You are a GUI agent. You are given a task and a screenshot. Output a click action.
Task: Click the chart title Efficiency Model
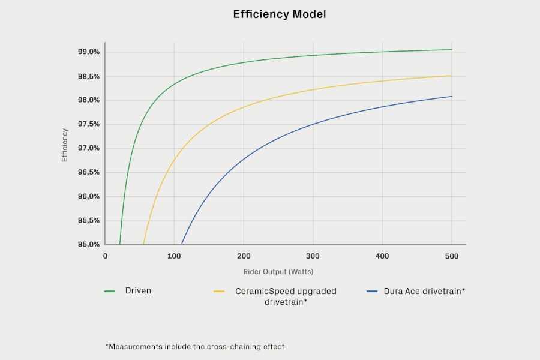coord(279,14)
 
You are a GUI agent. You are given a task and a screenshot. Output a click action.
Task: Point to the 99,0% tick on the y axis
coord(89,52)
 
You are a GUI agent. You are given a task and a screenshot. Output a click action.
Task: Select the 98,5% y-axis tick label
coord(89,76)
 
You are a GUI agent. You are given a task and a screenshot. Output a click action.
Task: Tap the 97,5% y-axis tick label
coord(89,124)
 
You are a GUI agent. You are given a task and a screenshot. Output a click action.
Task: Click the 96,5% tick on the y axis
coord(89,172)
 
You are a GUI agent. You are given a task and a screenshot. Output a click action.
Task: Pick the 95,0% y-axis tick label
coord(89,245)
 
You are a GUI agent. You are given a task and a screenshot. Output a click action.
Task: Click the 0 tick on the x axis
coord(105,256)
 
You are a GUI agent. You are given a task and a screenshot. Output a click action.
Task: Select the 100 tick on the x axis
coord(174,256)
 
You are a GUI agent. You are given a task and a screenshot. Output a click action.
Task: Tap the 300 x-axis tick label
coord(313,256)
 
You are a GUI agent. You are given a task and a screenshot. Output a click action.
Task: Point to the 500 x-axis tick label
coord(451,256)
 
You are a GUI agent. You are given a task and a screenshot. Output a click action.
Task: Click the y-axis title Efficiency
coord(64,145)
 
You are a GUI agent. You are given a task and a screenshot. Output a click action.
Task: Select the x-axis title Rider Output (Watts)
coord(278,272)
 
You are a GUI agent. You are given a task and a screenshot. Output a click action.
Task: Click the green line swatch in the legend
coord(110,292)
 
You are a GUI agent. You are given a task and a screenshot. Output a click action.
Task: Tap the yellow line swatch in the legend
coord(219,292)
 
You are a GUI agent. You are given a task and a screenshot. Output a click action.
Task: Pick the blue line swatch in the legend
coord(372,292)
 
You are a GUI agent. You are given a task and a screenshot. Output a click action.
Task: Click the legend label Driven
coord(138,291)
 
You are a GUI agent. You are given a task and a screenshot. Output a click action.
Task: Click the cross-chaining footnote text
coord(195,347)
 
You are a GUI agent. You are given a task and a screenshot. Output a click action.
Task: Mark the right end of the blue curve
coord(452,97)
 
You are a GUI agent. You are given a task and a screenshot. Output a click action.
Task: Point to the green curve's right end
coord(452,50)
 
